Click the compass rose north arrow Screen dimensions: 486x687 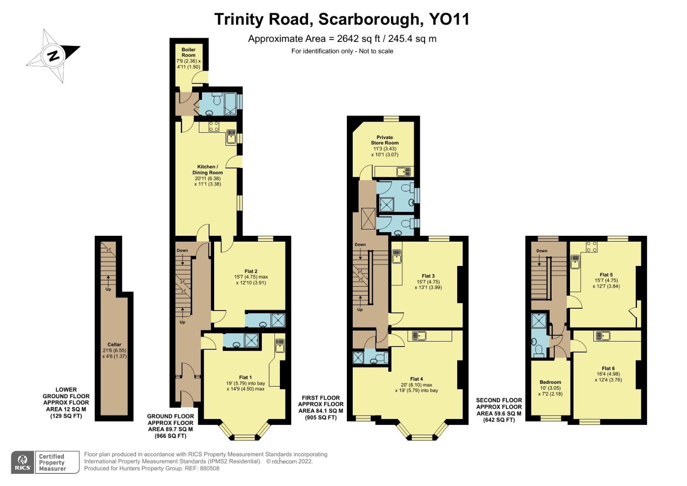coord(53,56)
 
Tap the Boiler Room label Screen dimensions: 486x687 coord(189,52)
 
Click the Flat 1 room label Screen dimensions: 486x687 coord(245,377)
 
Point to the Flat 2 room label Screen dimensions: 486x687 coord(251,271)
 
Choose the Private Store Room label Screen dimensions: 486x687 coord(385,140)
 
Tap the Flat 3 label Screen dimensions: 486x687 coord(428,276)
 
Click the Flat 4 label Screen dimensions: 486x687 coord(416,379)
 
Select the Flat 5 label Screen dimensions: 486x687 coord(606,274)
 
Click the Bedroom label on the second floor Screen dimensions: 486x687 coord(550,382)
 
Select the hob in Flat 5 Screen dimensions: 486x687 coord(592,247)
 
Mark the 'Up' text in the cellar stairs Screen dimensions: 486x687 coord(108,289)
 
